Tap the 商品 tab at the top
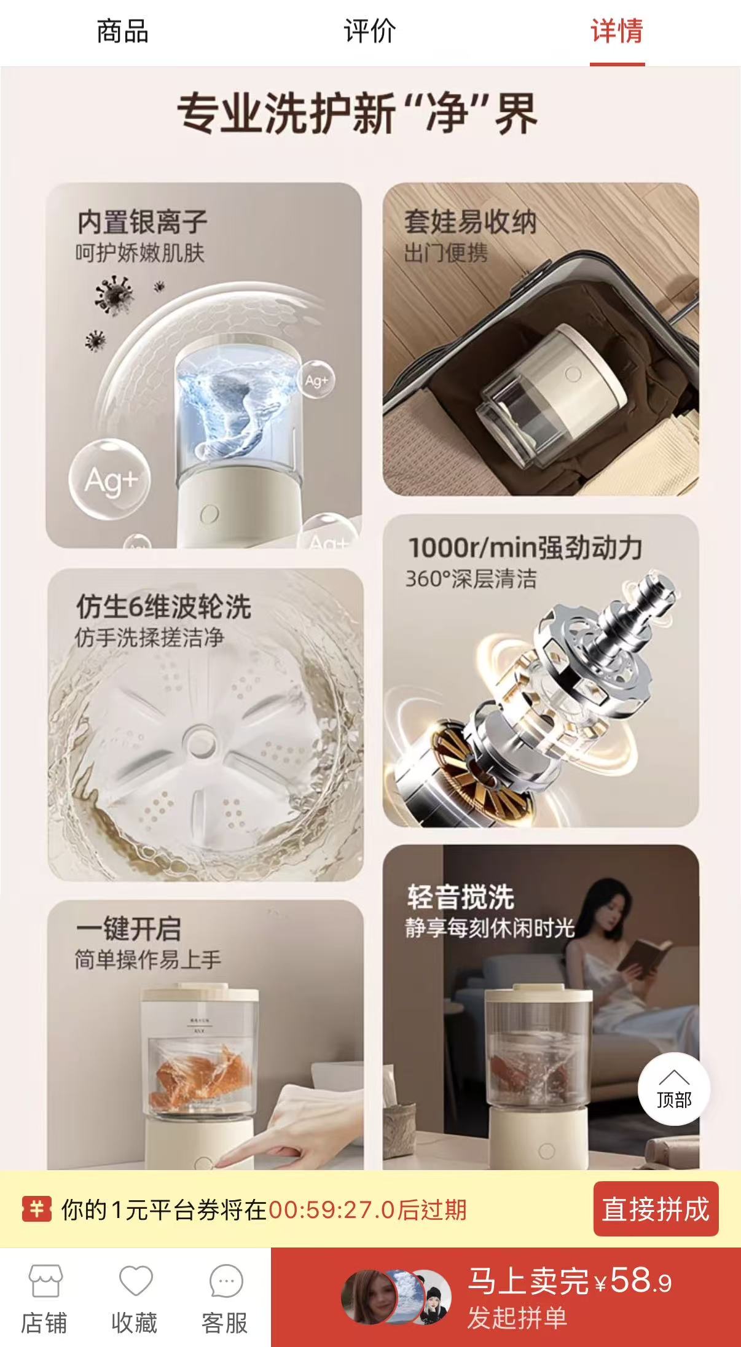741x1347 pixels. point(123,31)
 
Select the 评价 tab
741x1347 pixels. point(370,31)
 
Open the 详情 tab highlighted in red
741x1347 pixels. point(617,31)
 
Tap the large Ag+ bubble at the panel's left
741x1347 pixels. point(109,478)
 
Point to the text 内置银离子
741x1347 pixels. point(142,222)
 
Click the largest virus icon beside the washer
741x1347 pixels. point(114,294)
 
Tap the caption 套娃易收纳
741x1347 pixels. point(470,222)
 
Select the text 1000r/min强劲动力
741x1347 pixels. point(525,547)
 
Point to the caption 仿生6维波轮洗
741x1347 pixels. point(163,607)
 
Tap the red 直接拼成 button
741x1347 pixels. point(656,1209)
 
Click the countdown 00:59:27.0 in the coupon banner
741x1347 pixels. point(332,1210)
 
